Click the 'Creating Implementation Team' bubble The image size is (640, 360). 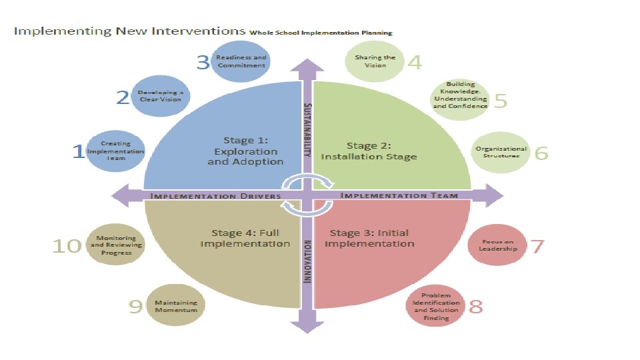tap(116, 151)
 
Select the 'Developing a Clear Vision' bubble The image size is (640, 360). tap(160, 95)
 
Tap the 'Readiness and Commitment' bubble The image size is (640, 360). tap(241, 61)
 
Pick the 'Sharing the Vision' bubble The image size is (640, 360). tap(375, 61)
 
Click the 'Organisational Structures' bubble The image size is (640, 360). tap(501, 152)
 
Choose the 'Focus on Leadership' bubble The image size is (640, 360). tap(498, 245)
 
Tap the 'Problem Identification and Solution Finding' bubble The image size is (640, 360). tap(436, 306)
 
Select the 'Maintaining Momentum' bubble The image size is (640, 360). tap(176, 307)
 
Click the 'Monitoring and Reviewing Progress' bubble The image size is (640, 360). tap(116, 245)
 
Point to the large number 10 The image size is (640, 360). tap(67, 246)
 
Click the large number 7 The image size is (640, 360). tap(537, 246)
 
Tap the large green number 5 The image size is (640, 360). tap(501, 100)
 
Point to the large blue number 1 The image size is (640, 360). tap(78, 152)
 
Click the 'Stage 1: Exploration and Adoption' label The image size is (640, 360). tap(245, 151)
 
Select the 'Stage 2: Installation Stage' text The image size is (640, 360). tap(369, 151)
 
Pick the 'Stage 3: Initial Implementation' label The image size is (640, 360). tap(369, 238)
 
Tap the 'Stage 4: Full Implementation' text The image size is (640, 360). tap(245, 238)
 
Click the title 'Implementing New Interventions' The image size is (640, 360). tap(130, 31)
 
